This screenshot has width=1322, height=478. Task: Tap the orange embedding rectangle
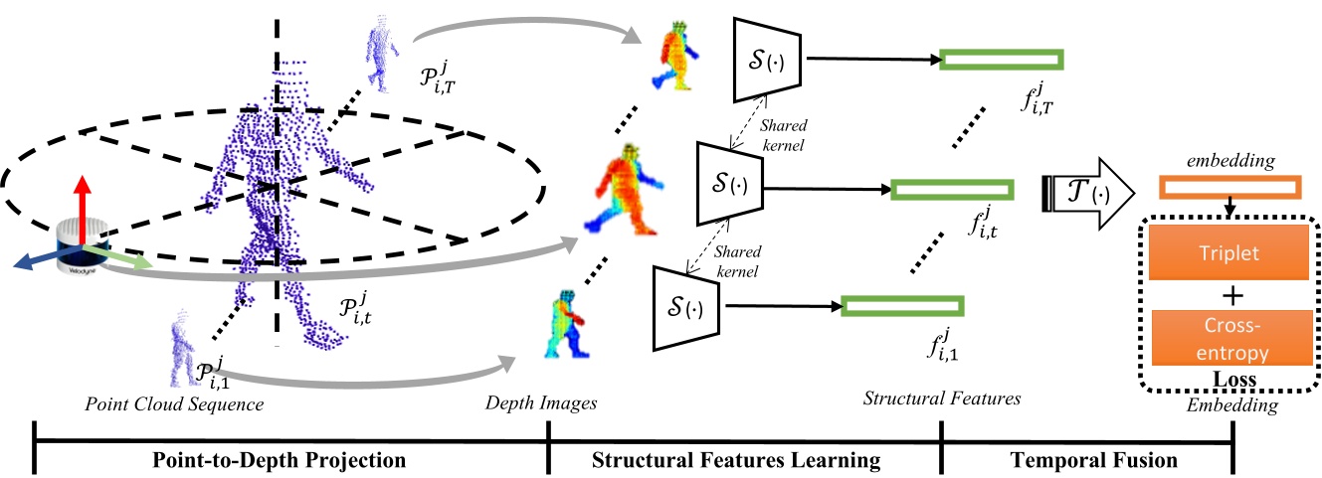[x=1229, y=188]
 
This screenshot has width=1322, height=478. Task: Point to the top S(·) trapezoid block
[x=768, y=59]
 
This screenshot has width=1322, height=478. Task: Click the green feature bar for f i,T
[x=1001, y=60]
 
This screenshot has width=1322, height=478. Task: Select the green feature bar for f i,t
[x=951, y=189]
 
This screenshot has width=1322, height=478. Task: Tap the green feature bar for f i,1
[x=903, y=307]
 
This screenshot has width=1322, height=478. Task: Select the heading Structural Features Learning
[x=736, y=460]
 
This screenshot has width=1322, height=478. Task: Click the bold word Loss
[x=1229, y=379]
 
